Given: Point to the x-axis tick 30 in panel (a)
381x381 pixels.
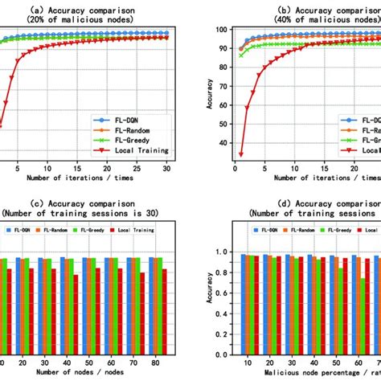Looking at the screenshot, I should pos(165,170).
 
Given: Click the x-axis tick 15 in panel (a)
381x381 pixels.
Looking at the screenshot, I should pos(77,170).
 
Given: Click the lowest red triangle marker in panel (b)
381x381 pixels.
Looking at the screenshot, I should pos(241,155).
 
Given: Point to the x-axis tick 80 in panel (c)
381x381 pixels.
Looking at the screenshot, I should pos(163,363).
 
